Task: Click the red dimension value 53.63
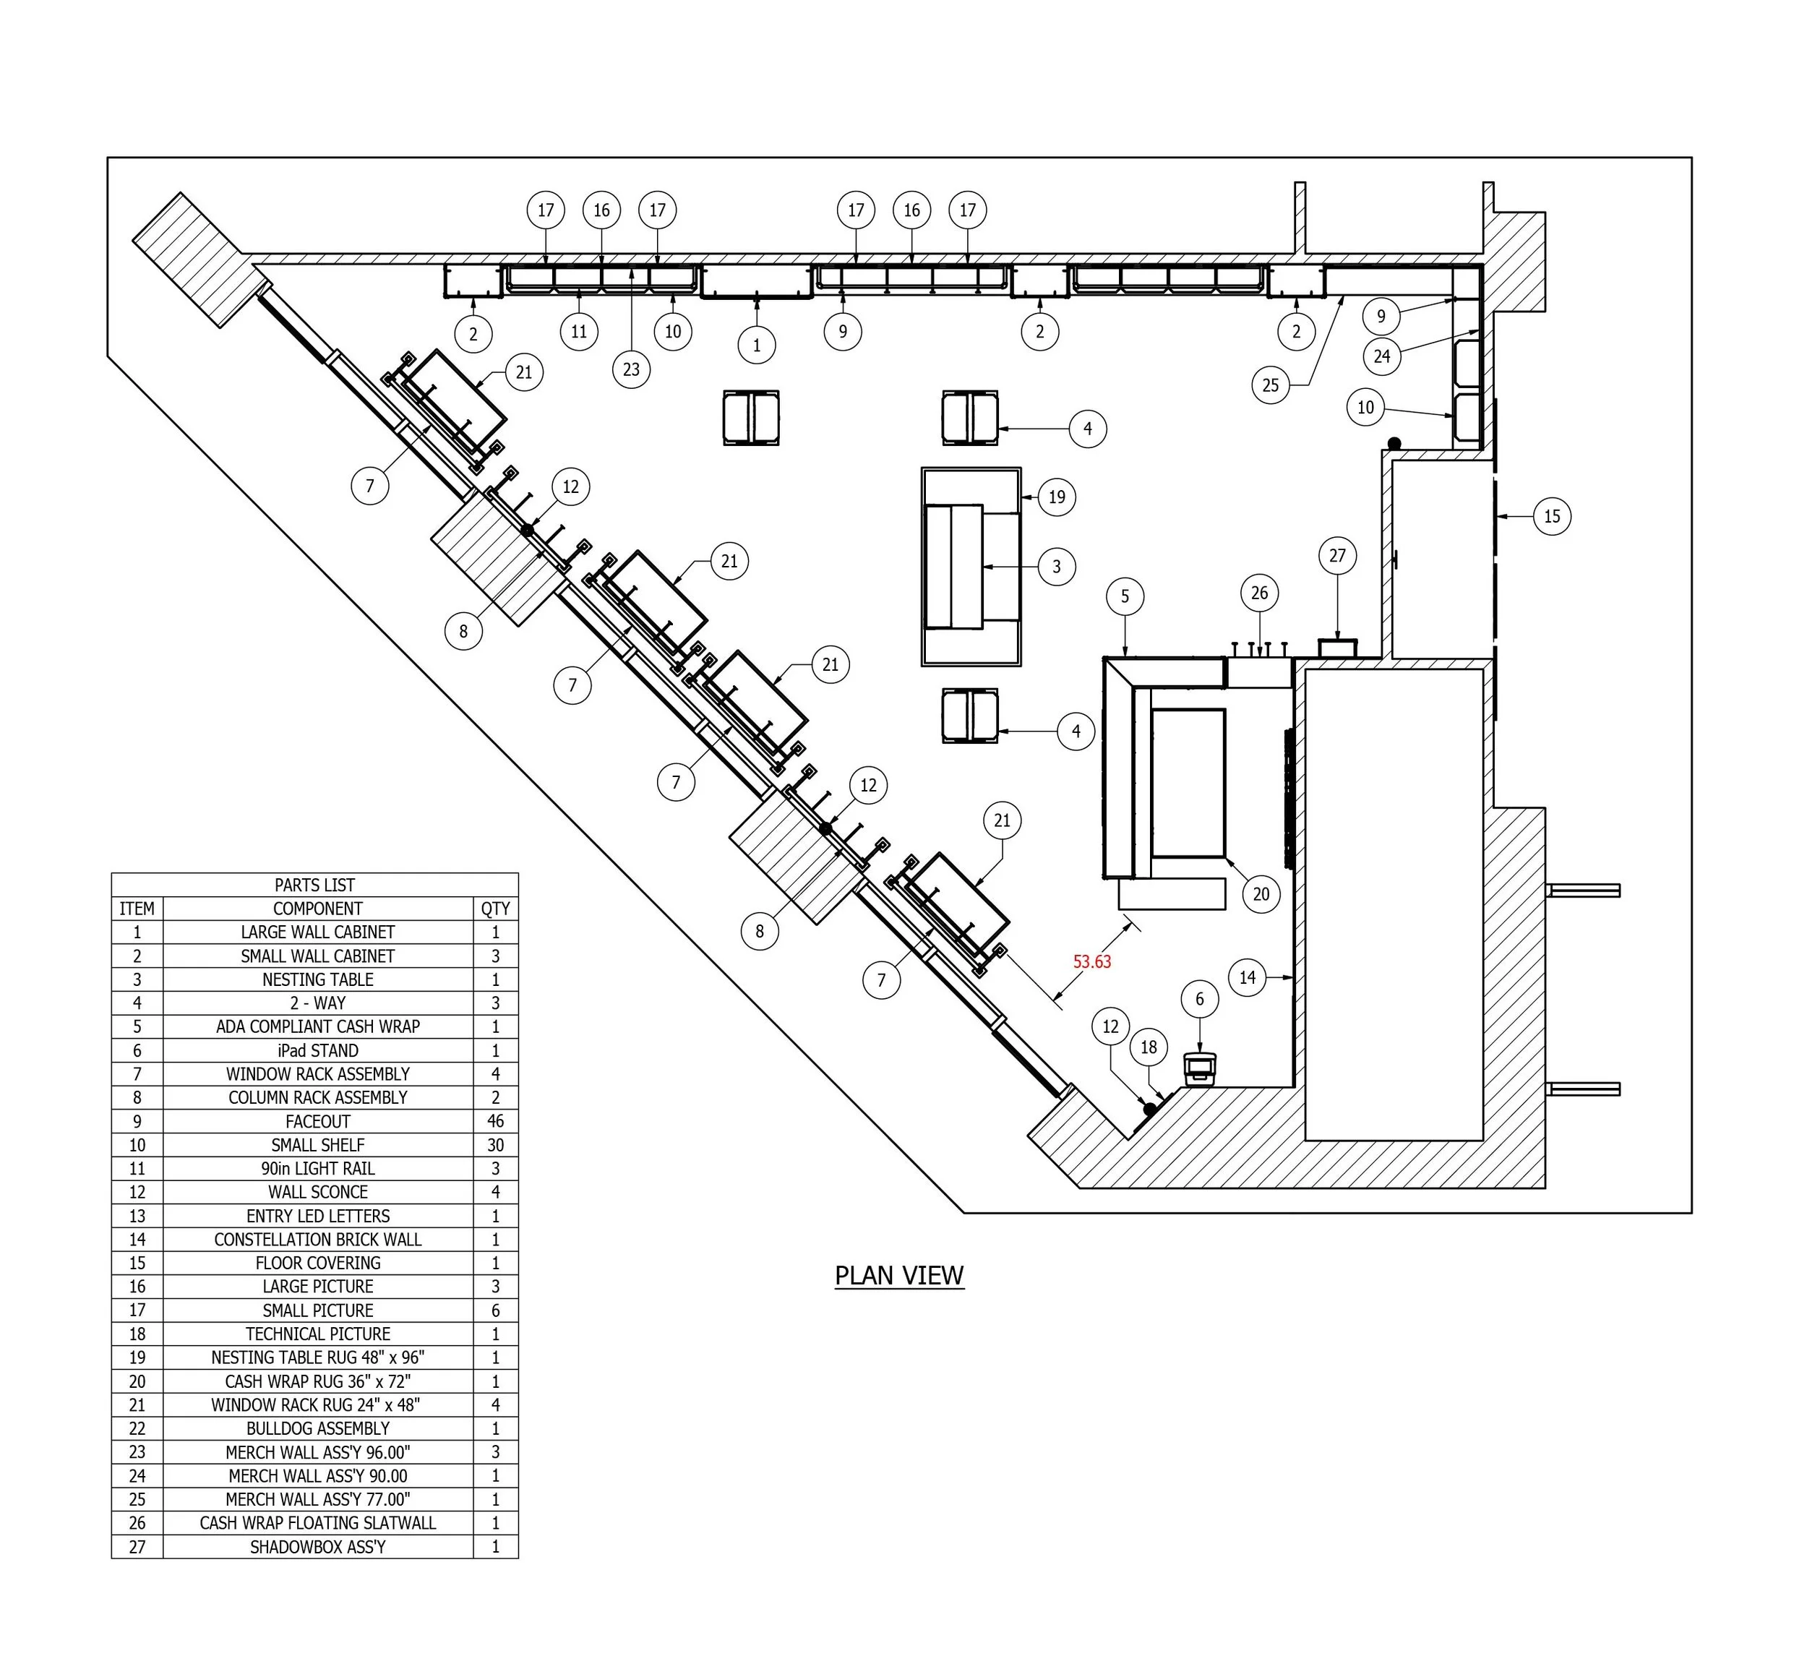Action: click(1091, 962)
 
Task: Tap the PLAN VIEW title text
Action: click(899, 1275)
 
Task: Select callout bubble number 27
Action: click(1337, 556)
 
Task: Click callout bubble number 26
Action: click(1259, 593)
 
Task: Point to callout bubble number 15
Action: click(1552, 516)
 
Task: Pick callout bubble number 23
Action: click(631, 369)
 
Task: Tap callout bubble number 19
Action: click(1057, 497)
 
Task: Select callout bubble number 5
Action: click(1125, 596)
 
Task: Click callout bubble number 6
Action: click(1199, 999)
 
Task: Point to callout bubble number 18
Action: click(1149, 1047)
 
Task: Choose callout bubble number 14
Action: click(1248, 977)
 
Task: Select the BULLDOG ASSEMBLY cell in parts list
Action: click(317, 1428)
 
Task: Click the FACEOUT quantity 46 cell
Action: click(495, 1120)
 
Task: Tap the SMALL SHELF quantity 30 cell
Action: click(495, 1145)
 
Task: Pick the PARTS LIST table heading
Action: click(314, 885)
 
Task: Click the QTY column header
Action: click(495, 909)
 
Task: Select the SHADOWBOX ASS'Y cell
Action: click(317, 1547)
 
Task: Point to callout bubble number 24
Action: click(1382, 356)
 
